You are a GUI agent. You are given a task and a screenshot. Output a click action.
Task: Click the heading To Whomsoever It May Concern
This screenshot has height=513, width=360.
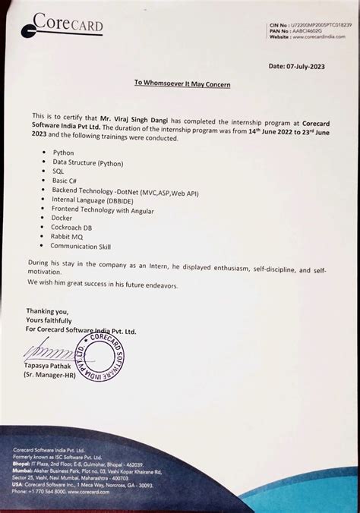[x=182, y=83]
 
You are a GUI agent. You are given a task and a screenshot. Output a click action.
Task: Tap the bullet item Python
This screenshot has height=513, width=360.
[x=63, y=153]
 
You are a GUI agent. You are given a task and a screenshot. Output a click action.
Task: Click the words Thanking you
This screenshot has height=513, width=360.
[x=47, y=311]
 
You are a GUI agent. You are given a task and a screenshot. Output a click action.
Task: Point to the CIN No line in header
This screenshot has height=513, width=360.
[x=311, y=25]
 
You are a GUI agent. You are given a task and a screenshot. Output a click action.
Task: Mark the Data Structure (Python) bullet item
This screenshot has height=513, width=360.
[x=87, y=162]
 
